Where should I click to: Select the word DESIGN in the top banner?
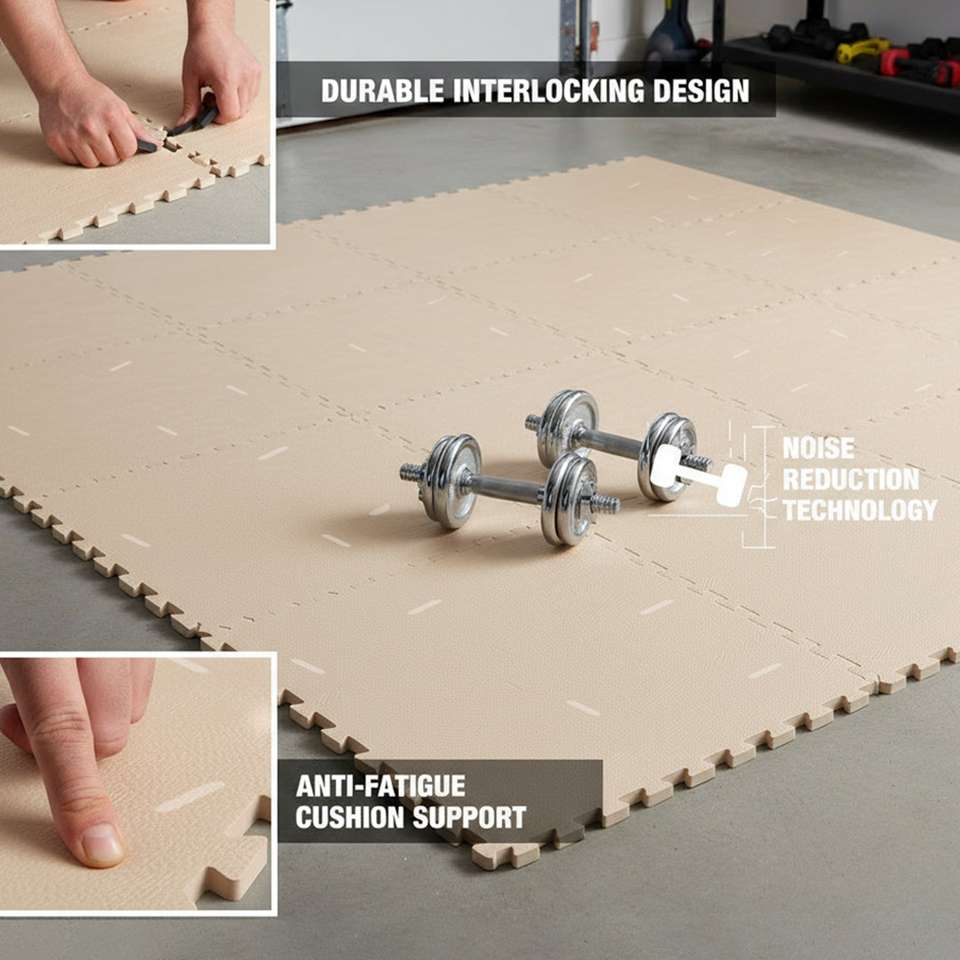tap(702, 90)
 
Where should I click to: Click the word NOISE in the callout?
tap(818, 448)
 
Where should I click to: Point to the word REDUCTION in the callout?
tap(851, 479)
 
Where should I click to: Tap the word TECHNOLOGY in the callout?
tap(860, 510)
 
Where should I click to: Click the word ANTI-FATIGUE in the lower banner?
tap(380, 786)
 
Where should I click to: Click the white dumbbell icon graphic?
tap(699, 474)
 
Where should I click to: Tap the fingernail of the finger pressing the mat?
tap(102, 844)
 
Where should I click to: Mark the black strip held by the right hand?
tap(196, 120)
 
